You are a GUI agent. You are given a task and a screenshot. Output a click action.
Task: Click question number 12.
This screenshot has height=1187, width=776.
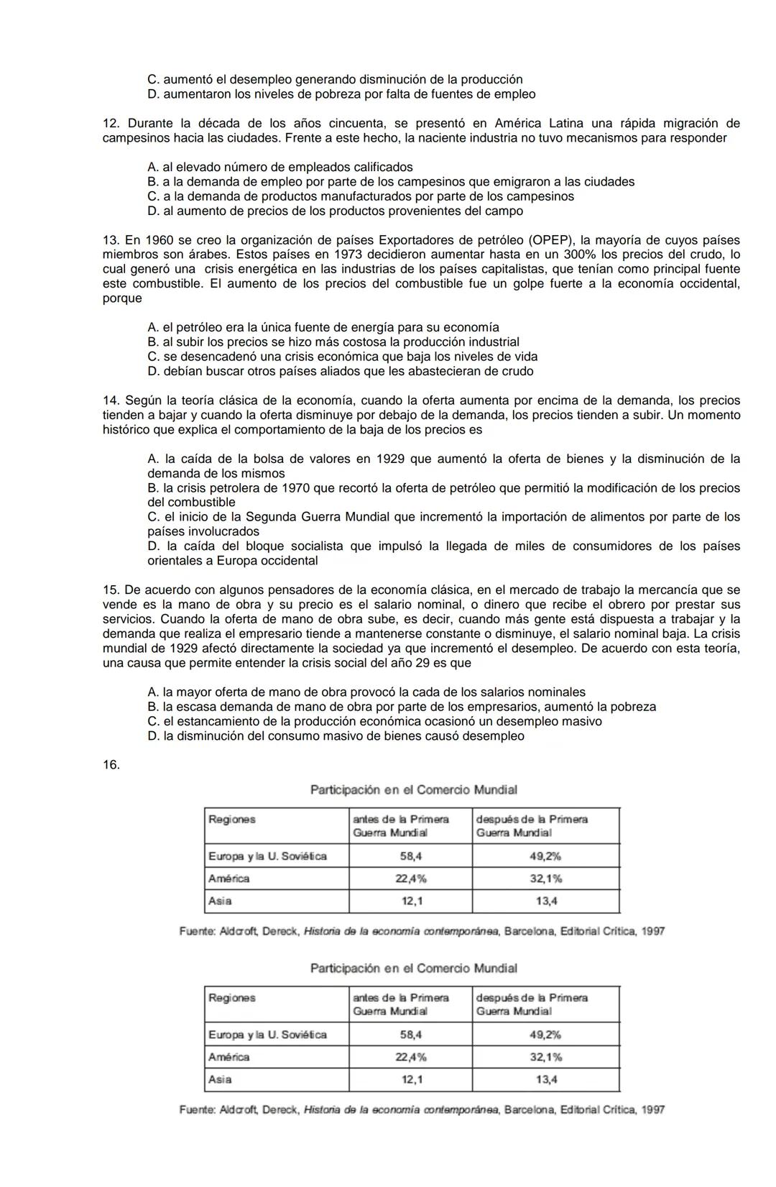tap(110, 124)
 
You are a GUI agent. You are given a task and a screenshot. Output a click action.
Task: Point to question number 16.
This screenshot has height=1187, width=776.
tap(111, 765)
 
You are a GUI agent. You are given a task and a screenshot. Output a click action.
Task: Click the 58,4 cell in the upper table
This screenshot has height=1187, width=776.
tap(410, 856)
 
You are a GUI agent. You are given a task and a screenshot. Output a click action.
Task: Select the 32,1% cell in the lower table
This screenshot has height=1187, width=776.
tap(546, 1057)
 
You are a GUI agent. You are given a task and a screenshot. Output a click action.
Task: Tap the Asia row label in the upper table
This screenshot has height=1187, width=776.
tap(220, 901)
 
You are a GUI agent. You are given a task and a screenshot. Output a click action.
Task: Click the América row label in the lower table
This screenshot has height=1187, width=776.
tap(228, 1057)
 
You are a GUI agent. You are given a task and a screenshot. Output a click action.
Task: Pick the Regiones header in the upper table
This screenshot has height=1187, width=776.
tap(231, 820)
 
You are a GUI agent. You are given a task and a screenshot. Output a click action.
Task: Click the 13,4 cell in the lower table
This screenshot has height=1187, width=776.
tap(546, 1079)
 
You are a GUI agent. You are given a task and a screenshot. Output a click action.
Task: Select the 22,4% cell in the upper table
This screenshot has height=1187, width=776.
tap(410, 879)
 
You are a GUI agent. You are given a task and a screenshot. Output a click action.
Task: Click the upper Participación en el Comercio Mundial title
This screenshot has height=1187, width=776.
tap(413, 790)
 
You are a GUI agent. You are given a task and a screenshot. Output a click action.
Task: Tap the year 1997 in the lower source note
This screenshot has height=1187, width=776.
tap(652, 1109)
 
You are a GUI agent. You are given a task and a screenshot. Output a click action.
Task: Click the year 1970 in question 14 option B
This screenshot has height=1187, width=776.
tap(296, 488)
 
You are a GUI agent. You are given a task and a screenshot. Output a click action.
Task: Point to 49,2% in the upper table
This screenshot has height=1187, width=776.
tap(546, 856)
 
